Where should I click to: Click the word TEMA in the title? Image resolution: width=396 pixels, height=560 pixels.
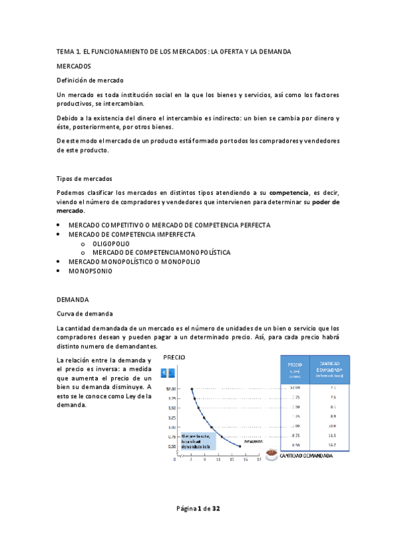tap(65, 52)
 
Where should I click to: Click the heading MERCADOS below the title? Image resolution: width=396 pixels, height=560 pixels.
tap(74, 67)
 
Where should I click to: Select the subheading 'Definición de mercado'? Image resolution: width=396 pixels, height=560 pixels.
tap(90, 81)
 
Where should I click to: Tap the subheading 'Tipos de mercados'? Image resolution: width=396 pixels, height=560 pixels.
tap(85, 179)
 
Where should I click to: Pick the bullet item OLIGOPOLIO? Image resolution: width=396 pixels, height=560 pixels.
tap(111, 244)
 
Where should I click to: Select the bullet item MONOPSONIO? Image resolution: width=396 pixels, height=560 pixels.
tap(91, 271)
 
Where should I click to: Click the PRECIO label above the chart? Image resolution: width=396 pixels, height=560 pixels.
tap(175, 357)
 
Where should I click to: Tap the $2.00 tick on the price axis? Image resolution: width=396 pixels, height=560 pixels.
tap(172, 388)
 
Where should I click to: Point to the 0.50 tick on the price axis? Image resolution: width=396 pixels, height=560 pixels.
tap(173, 446)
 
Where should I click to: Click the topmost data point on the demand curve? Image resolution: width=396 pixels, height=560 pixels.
tap(192, 388)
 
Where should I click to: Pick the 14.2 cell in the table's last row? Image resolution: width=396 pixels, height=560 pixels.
tap(333, 446)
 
